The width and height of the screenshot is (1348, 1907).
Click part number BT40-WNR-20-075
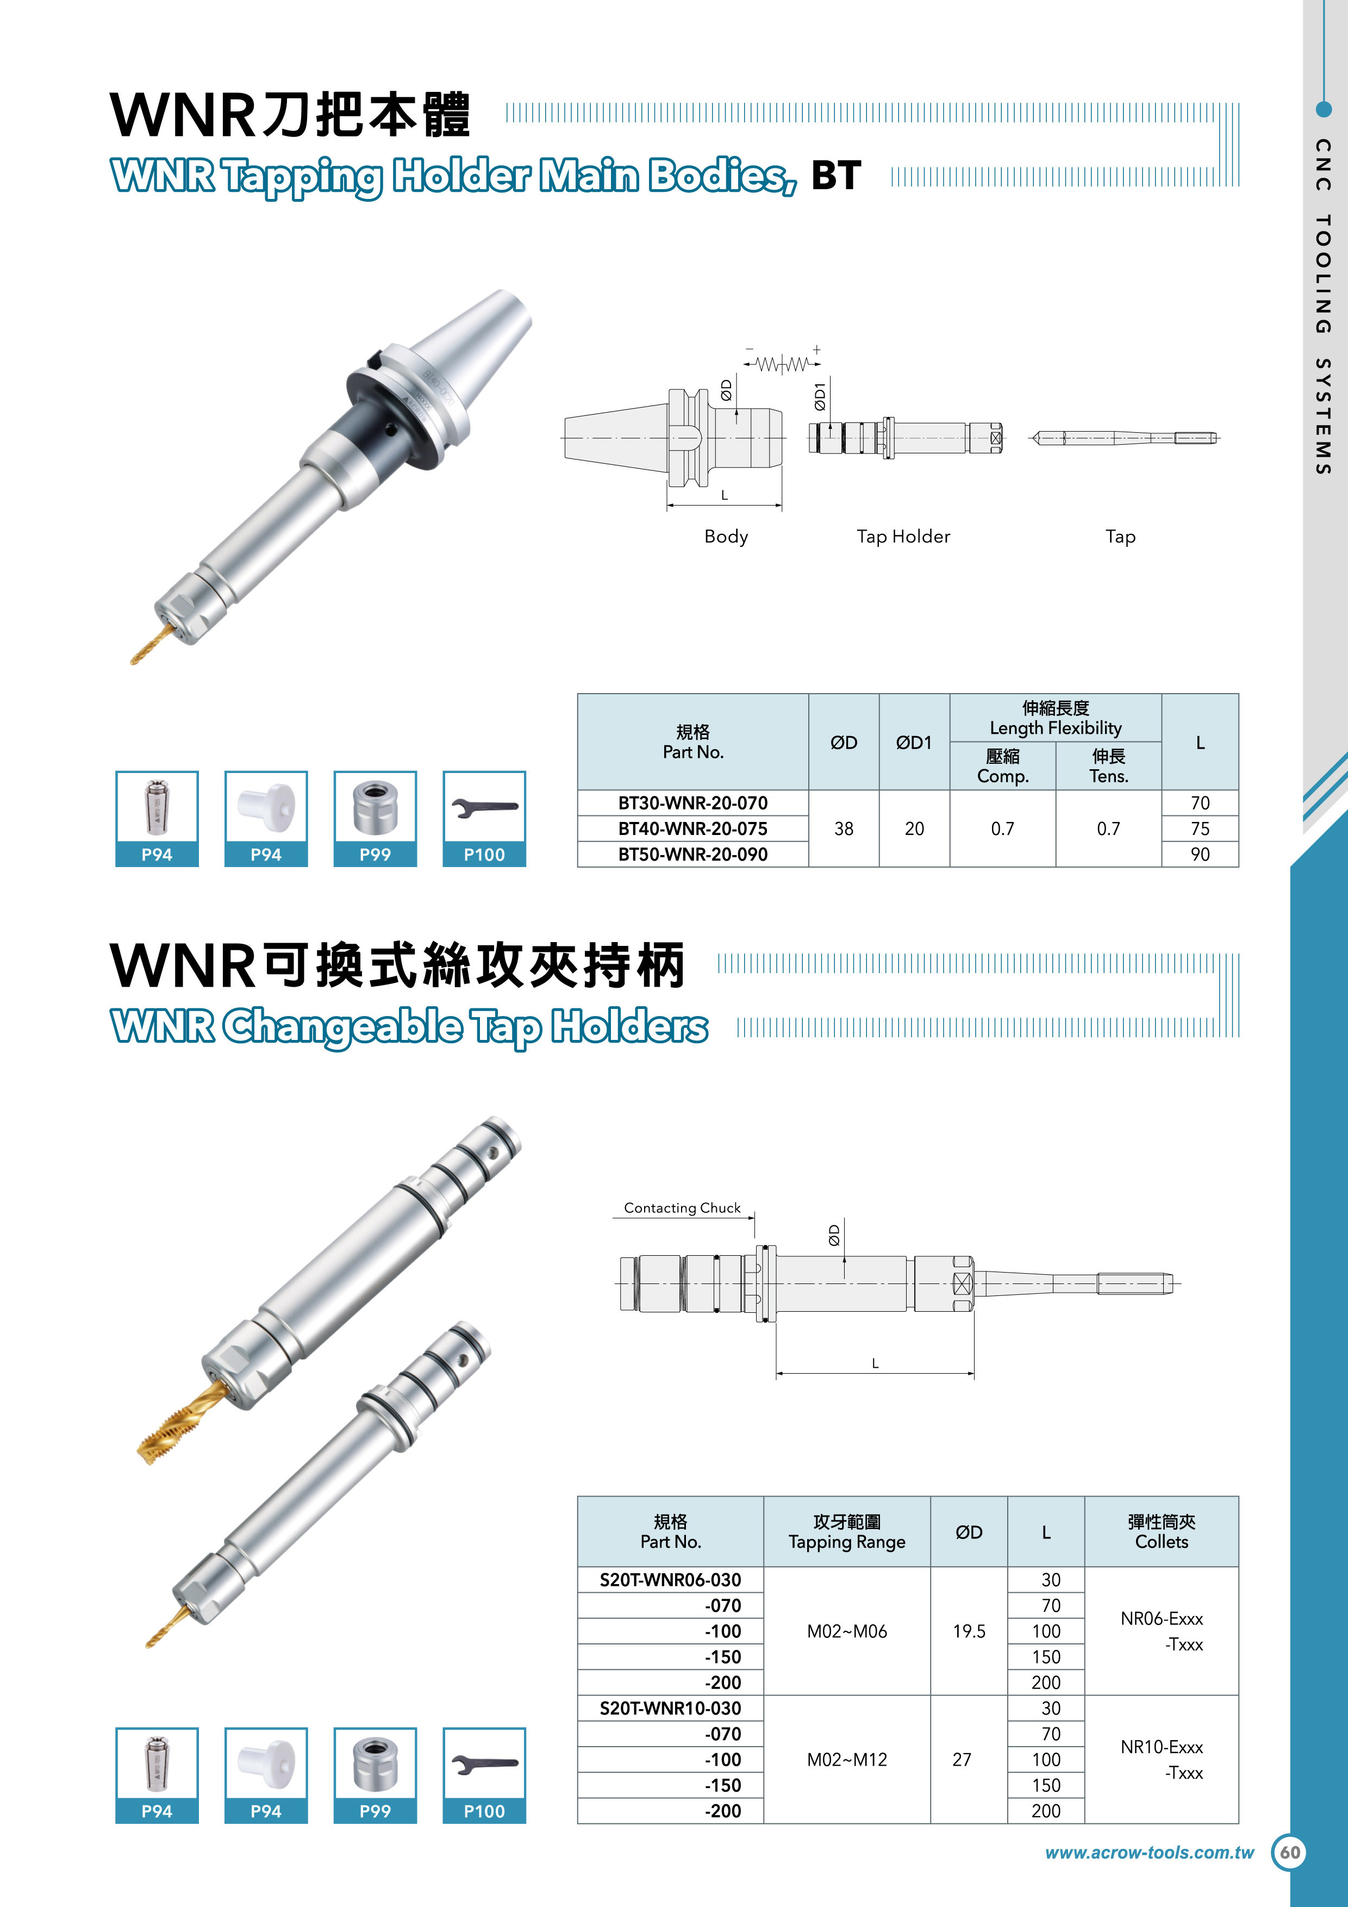(692, 829)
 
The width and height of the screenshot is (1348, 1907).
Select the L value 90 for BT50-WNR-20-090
(1200, 855)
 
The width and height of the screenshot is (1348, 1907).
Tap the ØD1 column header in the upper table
(914, 743)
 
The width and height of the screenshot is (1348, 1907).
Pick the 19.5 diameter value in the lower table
(969, 1631)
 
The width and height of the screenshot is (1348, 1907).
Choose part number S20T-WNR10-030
(670, 1709)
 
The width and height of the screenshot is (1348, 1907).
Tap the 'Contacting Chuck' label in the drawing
(682, 1208)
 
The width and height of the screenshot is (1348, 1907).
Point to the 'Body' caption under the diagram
(726, 537)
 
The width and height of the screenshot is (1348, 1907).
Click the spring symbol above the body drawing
(782, 364)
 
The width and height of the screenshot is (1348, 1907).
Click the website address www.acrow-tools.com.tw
(1150, 1852)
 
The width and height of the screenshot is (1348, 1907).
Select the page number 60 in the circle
(1290, 1853)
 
